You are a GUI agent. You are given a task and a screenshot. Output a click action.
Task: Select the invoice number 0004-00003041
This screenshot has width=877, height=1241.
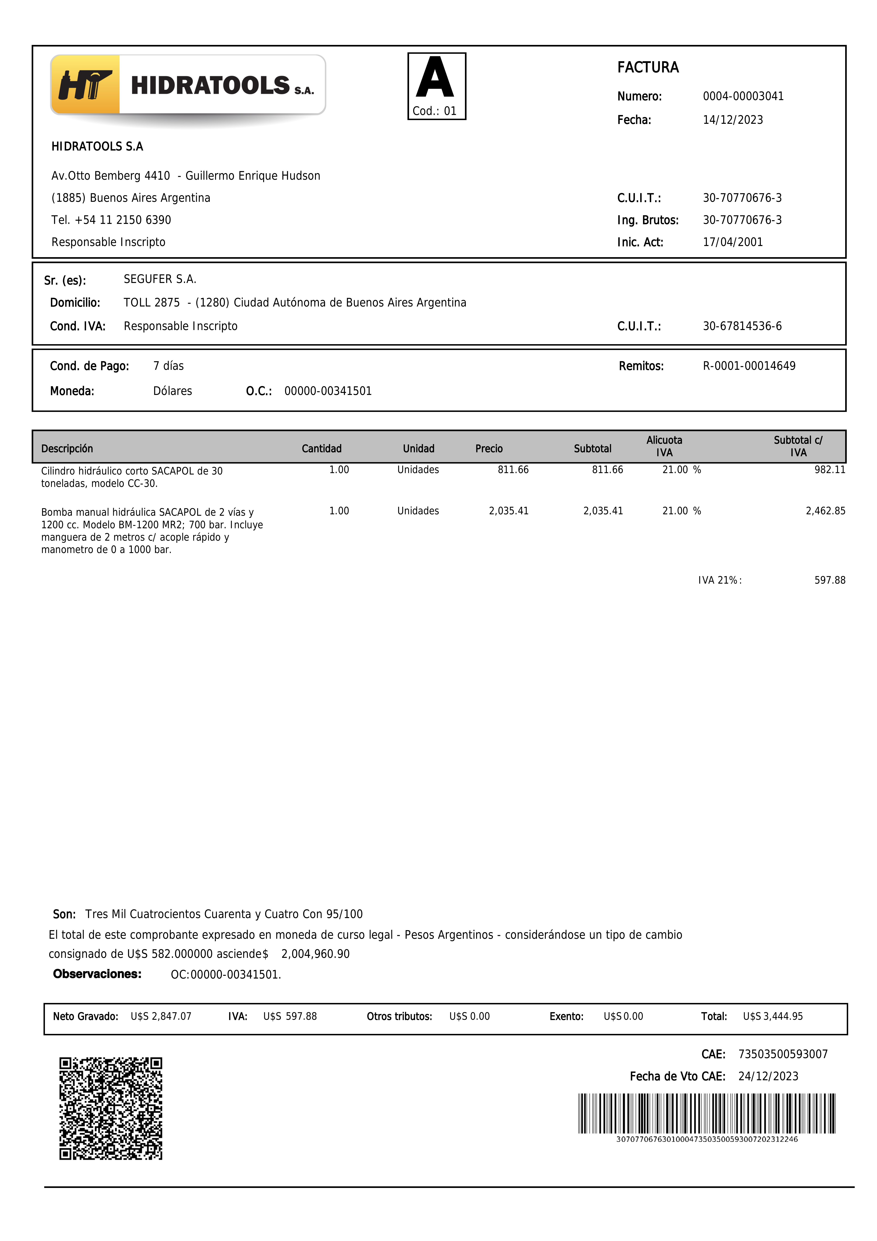click(x=743, y=96)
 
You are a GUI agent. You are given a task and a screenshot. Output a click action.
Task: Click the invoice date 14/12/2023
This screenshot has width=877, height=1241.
click(x=733, y=120)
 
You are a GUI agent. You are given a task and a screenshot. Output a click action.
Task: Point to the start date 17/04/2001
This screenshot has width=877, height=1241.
click(x=733, y=242)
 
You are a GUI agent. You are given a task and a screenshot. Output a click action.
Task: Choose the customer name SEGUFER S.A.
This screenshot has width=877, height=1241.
click(x=160, y=279)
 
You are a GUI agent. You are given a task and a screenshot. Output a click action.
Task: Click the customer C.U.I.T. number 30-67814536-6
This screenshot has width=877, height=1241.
click(x=742, y=326)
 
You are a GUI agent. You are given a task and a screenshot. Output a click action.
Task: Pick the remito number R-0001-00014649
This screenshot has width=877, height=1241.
click(x=749, y=366)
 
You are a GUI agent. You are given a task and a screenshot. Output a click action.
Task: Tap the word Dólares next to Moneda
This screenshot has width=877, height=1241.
click(x=172, y=391)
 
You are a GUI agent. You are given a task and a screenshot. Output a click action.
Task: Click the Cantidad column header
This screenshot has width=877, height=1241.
click(x=322, y=449)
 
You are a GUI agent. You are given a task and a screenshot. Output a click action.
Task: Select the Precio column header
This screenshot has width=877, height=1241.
click(x=489, y=449)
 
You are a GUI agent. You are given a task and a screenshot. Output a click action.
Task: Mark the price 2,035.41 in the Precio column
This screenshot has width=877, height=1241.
click(x=508, y=511)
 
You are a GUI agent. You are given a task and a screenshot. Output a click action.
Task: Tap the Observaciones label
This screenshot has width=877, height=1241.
click(x=97, y=974)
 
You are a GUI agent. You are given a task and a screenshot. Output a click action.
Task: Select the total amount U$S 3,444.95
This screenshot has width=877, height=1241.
click(x=773, y=1016)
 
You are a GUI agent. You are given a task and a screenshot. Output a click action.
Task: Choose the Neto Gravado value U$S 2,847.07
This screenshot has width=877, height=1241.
click(x=161, y=1016)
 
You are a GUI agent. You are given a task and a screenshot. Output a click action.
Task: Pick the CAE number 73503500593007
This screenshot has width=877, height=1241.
click(x=783, y=1054)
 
